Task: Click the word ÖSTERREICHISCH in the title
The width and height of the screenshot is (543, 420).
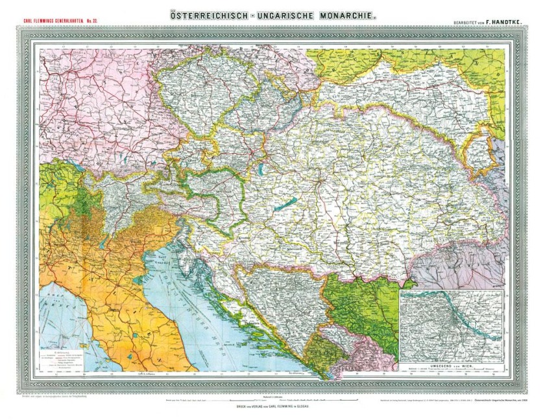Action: point(207,13)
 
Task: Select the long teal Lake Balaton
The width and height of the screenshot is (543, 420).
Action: point(280,205)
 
